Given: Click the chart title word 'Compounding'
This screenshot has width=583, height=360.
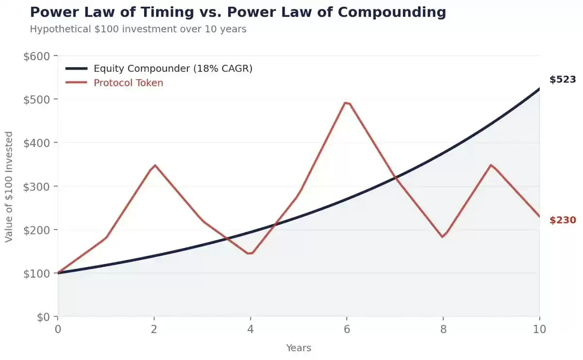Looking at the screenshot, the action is pos(392,13).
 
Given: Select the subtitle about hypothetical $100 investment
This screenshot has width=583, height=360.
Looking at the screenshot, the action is pos(138,29).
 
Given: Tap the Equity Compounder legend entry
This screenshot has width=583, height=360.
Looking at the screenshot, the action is pos(159,69).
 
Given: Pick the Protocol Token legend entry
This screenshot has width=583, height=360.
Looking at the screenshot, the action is pos(114,83).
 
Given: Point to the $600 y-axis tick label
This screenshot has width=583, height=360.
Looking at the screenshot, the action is pos(37,56).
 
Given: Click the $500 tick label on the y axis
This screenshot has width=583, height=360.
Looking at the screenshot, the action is pos(37,100).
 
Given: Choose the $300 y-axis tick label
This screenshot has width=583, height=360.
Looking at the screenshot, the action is pos(37,187).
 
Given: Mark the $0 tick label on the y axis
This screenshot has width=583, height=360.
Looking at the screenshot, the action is pos(43,317).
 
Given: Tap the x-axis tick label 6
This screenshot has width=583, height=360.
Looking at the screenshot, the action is pos(347,329).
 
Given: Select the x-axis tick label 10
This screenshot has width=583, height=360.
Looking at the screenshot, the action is pos(540,329).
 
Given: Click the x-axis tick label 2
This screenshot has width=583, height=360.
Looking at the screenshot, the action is pos(154,329).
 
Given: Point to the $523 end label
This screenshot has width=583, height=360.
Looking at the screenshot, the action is pos(563,79).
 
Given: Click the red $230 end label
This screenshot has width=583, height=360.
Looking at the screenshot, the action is pos(563,220).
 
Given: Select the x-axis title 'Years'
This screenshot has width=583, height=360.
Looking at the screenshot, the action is pos(298,348).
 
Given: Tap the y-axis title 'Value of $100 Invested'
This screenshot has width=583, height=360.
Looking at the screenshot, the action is pos(9,187).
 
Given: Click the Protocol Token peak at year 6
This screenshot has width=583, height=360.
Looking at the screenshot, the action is pos(346,103).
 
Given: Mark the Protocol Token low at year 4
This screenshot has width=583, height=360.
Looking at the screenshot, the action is pos(250,253).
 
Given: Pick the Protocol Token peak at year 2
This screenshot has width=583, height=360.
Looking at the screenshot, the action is pos(155,165).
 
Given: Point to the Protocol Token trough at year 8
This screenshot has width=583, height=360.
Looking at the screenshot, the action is pos(443,237).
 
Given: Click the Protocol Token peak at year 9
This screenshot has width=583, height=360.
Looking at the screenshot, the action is pos(491,165).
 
